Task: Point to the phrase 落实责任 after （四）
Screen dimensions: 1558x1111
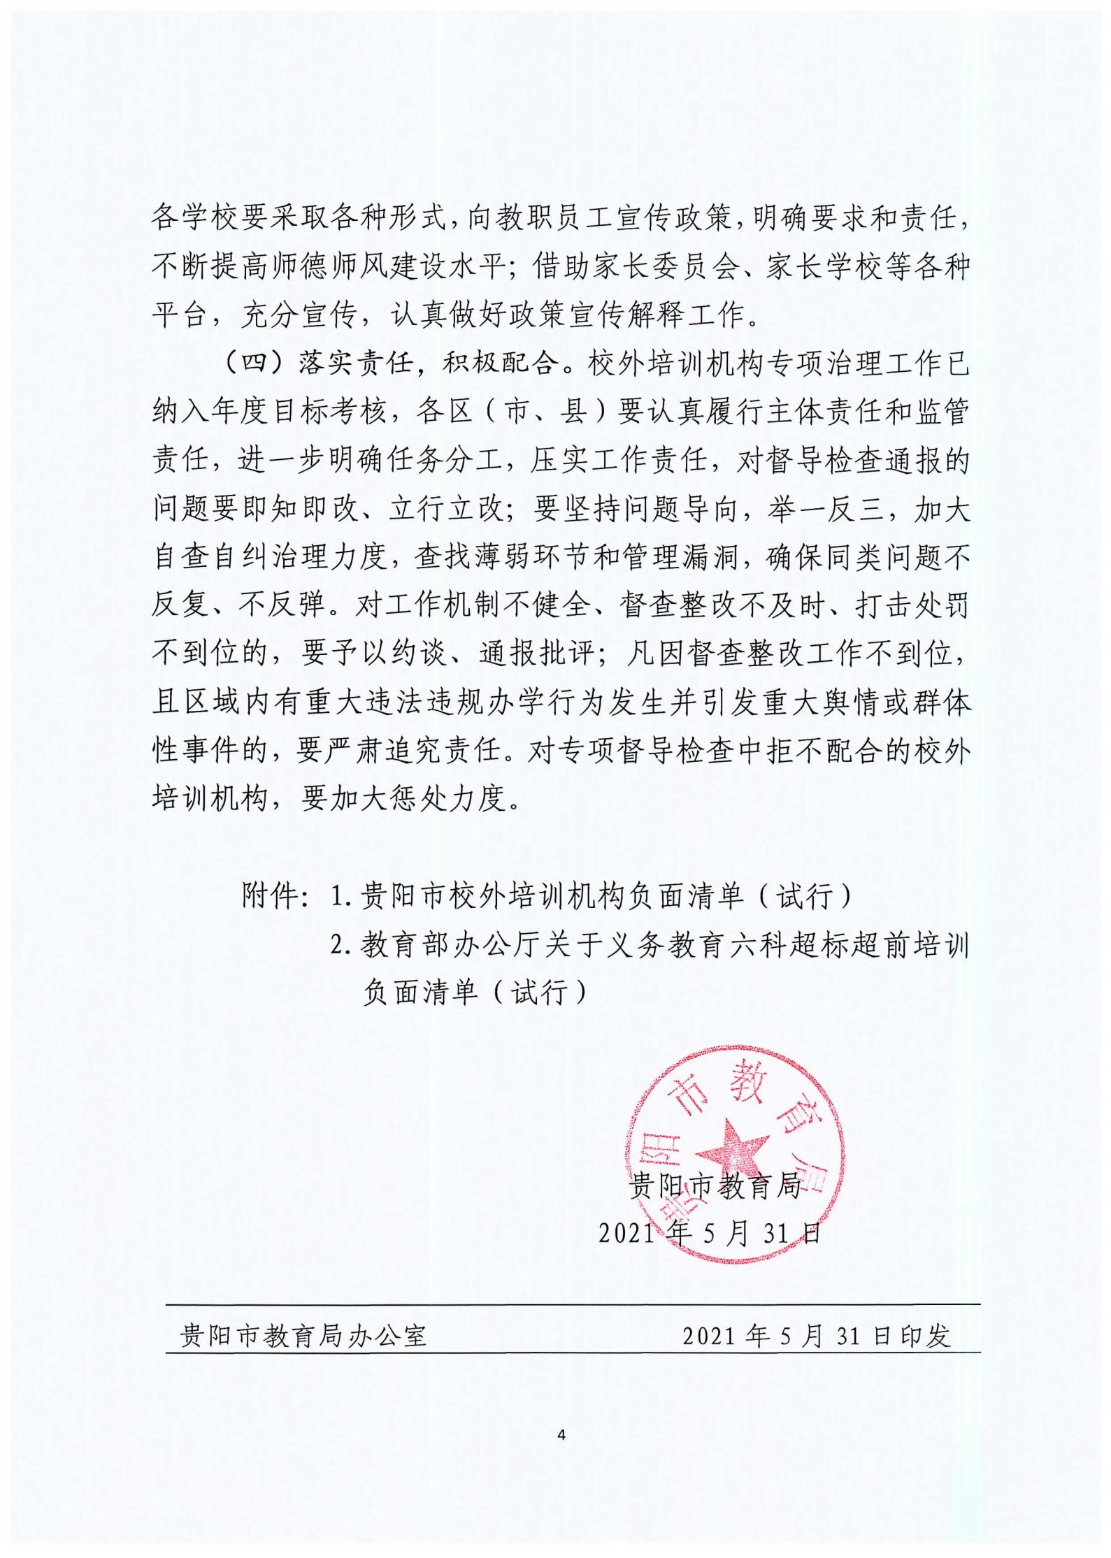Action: (355, 364)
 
